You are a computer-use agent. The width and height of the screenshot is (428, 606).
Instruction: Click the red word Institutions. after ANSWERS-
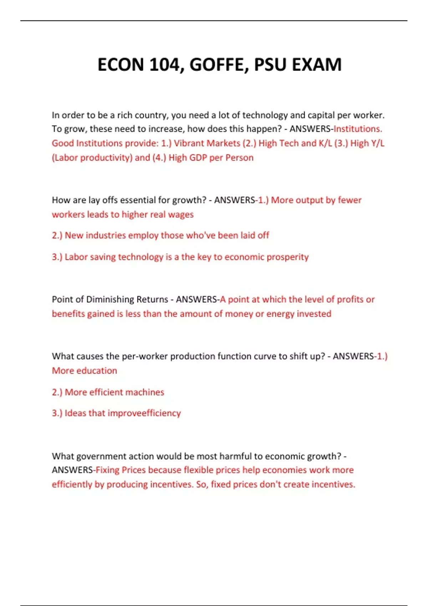point(358,129)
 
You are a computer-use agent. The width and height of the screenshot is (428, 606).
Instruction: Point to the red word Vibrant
point(189,143)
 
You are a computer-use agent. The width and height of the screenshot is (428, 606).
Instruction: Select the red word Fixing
point(107,470)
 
